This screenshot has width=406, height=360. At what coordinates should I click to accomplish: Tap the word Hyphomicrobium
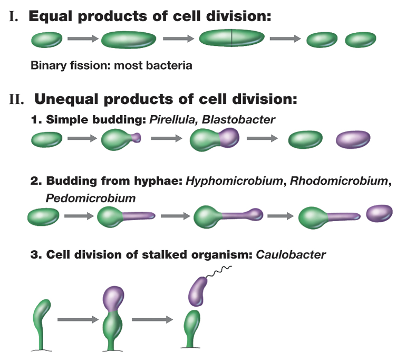pos(234,181)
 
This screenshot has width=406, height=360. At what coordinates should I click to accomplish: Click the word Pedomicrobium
pos(91,198)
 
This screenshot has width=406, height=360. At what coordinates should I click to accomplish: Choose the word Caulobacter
pos(291,254)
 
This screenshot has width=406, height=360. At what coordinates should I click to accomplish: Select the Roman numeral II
pos(17,99)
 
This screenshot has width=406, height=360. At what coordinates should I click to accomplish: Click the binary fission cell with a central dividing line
pos(232,39)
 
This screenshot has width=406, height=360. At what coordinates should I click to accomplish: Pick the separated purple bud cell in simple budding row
pos(353,140)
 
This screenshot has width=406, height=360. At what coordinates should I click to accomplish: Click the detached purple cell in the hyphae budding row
pos(380,213)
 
